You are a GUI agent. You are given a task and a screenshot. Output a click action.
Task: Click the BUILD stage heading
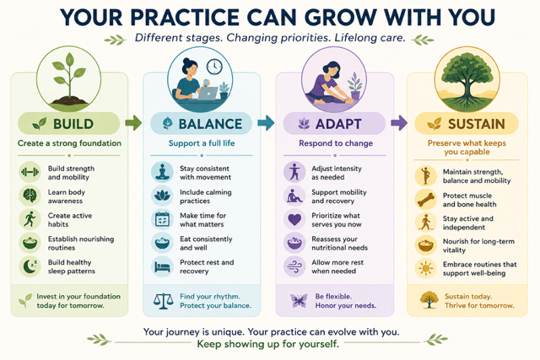click(73, 124)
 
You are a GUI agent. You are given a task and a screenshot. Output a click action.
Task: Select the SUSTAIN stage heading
click(476, 124)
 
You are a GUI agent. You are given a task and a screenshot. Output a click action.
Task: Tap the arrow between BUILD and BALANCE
click(133, 123)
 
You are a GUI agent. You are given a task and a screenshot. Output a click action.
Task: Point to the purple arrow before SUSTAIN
click(399, 123)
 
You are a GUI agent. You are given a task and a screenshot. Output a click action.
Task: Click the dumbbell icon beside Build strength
click(30, 172)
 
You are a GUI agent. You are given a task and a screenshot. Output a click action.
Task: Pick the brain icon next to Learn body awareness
click(30, 196)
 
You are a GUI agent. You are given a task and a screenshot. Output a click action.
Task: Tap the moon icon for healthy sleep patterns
click(30, 266)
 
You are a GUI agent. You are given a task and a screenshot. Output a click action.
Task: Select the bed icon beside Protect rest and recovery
click(162, 266)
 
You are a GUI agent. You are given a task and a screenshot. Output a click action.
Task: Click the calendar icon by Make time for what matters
click(162, 219)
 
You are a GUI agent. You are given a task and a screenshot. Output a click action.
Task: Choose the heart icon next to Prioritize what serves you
click(294, 219)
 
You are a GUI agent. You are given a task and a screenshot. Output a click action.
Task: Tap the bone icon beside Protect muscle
click(425, 199)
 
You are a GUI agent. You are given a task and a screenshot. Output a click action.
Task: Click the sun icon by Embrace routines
click(425, 268)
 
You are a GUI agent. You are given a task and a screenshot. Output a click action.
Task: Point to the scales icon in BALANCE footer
click(163, 301)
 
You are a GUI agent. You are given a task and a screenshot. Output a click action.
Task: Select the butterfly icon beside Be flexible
click(298, 301)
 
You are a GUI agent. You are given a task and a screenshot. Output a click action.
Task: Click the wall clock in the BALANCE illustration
click(214, 67)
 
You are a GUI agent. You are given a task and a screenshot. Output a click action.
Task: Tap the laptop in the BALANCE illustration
click(208, 94)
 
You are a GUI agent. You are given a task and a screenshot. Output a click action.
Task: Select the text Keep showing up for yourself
click(268, 344)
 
